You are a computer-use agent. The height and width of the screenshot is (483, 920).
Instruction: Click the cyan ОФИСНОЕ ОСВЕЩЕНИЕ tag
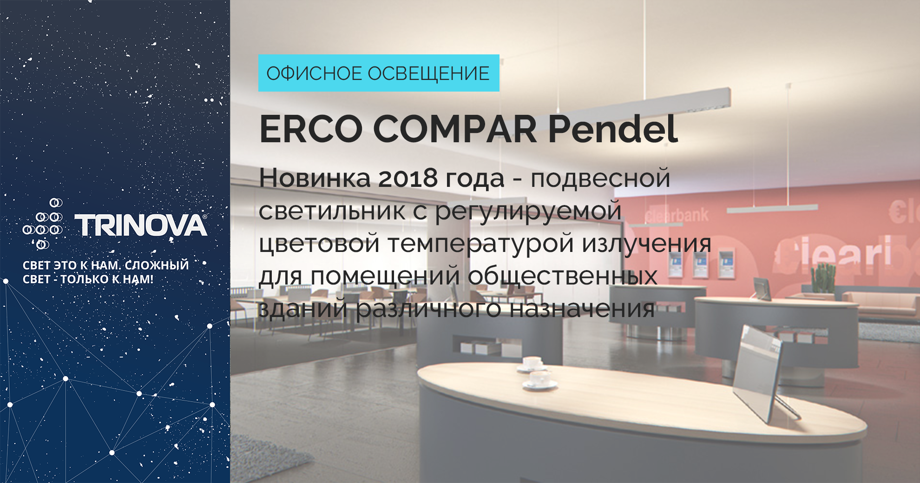coord(379,73)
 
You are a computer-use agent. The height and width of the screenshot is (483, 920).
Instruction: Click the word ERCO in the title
coord(311,129)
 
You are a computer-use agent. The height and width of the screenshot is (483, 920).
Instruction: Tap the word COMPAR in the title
coord(455,129)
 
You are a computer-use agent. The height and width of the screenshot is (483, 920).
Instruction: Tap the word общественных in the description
coord(562,276)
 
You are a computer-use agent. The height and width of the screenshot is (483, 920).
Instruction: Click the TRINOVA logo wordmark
coord(141,225)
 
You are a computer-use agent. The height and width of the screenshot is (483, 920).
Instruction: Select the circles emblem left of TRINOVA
coord(43,223)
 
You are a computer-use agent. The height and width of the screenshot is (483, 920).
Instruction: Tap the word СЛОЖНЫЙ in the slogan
coord(157,265)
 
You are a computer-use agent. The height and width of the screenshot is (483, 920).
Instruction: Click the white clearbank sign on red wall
coord(677,215)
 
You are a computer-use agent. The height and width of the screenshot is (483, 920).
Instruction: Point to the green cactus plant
coord(823,278)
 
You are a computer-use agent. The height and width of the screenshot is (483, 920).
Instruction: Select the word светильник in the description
coord(332,211)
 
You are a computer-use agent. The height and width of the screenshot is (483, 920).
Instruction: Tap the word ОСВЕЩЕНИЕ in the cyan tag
coord(428,73)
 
